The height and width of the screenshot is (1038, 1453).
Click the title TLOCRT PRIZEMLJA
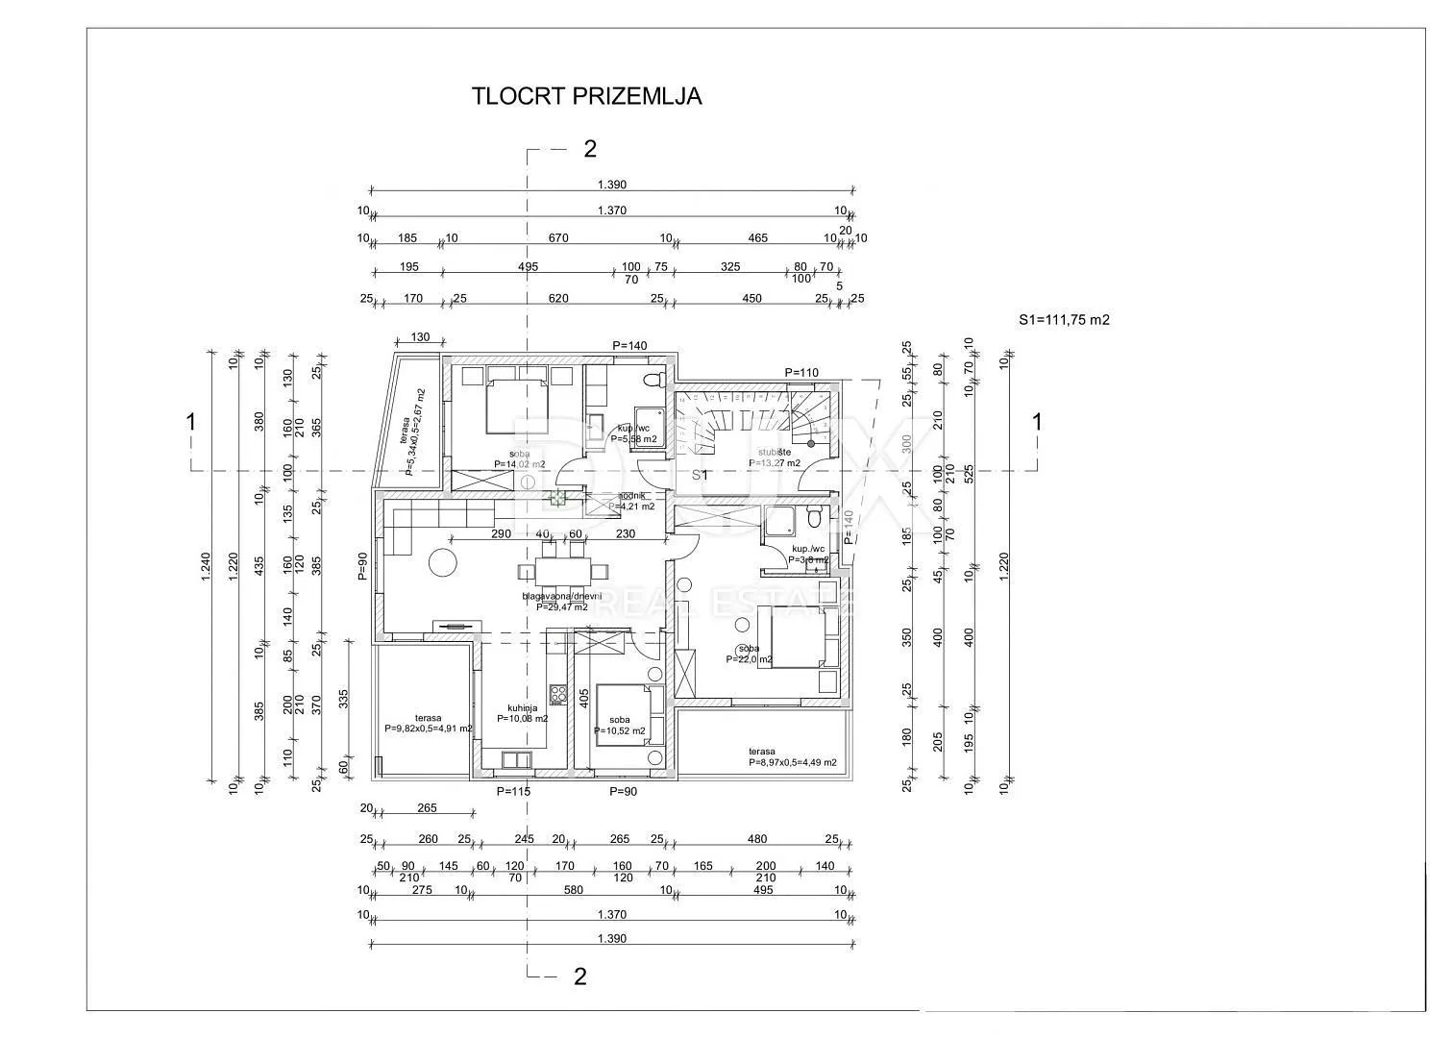[x=586, y=96]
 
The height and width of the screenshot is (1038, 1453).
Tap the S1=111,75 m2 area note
[x=1064, y=320]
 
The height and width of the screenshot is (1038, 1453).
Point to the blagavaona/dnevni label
[x=561, y=596]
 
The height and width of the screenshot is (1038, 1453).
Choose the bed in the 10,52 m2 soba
[x=621, y=712]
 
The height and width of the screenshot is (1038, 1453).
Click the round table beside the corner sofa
[x=443, y=560]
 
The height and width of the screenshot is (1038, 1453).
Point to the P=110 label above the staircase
[x=800, y=373]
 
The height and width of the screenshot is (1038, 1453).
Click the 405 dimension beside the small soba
[x=582, y=697]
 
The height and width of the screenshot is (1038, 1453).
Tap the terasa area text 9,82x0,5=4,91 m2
[x=429, y=729]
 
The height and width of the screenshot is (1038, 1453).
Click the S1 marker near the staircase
[x=701, y=475]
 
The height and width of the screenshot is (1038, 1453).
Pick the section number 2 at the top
[x=590, y=149]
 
